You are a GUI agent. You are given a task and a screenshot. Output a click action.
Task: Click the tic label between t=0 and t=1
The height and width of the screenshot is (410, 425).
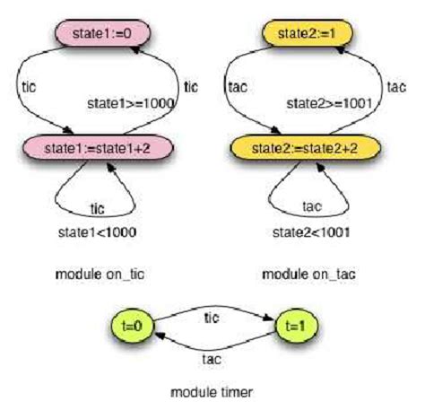click(x=212, y=317)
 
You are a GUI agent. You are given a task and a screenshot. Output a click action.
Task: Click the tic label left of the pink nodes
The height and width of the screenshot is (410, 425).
click(x=27, y=87)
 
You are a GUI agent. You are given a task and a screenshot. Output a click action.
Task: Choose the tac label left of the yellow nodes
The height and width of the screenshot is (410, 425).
click(x=238, y=87)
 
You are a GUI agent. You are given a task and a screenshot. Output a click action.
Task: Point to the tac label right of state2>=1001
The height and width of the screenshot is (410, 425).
click(x=395, y=87)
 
